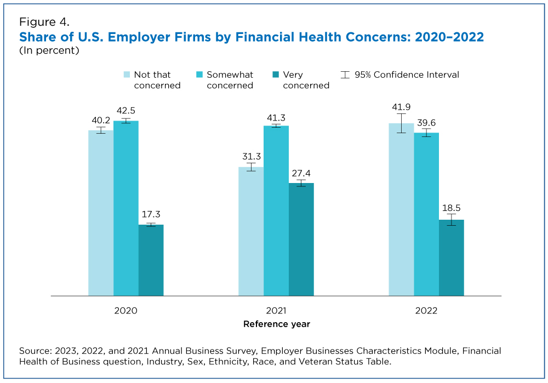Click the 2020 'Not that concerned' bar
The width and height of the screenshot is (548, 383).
click(101, 213)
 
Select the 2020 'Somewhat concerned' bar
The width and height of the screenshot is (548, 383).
click(126, 208)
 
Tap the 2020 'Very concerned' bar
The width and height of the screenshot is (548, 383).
click(151, 260)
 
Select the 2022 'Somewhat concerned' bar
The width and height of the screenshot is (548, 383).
click(426, 214)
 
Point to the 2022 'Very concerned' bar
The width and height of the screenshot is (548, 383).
click(451, 258)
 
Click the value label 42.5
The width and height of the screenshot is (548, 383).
click(126, 112)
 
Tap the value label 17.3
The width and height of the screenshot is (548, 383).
click(151, 215)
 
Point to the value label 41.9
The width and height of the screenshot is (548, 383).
click(401, 107)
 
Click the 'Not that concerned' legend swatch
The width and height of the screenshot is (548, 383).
click(127, 75)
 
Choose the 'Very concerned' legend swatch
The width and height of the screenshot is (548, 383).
click(276, 75)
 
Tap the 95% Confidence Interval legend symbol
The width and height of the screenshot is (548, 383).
click(345, 75)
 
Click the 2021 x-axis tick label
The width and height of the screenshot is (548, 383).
click(276, 311)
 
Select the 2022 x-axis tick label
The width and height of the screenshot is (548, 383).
click(426, 311)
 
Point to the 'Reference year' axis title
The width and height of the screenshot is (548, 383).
click(276, 324)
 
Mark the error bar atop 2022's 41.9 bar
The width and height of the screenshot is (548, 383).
click(401, 123)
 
